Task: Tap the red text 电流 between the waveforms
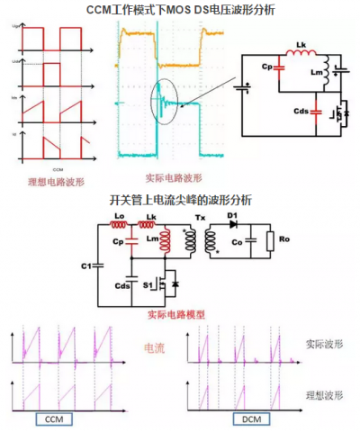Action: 156,346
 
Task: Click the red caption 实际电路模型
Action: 175,316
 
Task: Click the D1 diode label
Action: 232,217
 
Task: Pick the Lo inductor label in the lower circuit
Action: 118,217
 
